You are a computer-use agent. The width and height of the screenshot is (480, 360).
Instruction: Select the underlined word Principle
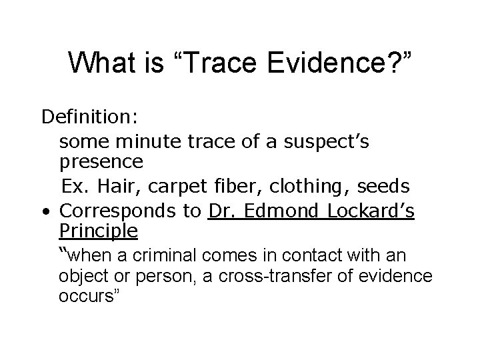[x=98, y=231]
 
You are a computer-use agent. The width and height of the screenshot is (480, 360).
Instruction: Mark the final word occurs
[x=89, y=297]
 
